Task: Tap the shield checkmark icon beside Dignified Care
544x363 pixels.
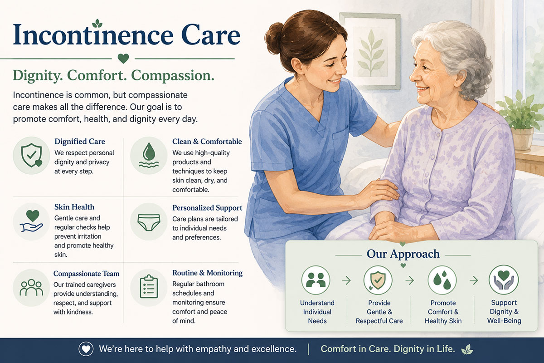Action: coord(31,155)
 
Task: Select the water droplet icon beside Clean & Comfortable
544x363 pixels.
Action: coord(149,155)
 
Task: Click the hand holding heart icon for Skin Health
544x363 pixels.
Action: coord(32,221)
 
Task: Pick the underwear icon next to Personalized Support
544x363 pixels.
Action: coord(149,222)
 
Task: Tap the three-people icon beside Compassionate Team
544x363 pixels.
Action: coord(31,287)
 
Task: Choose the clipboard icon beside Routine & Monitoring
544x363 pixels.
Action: coord(149,287)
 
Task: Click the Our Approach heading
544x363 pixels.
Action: coord(403,254)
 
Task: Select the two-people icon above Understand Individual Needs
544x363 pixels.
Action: coord(316,280)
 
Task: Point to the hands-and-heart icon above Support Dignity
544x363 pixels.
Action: coord(504,280)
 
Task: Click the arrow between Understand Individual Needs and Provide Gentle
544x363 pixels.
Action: coord(346,280)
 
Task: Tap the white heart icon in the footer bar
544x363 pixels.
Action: coord(86,349)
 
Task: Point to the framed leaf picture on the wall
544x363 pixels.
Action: coord(370,51)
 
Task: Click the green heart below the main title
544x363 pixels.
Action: coord(123,59)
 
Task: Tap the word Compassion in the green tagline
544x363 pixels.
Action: coord(173,76)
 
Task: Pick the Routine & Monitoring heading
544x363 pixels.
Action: coord(208,273)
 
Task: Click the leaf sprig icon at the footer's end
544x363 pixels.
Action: coord(467,349)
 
